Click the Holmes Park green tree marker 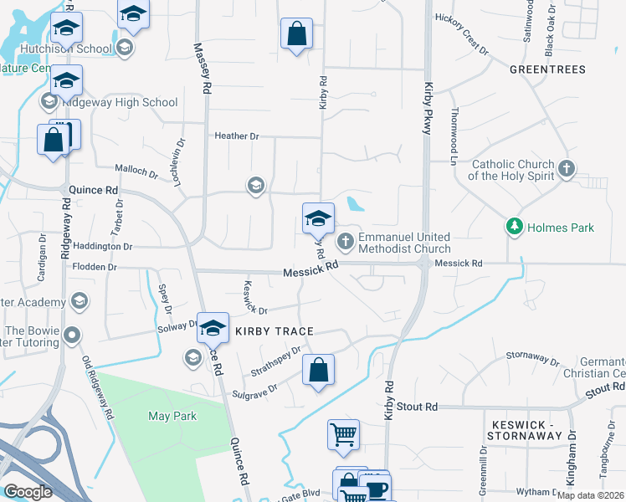[514, 226]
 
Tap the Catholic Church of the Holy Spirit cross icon [567, 169]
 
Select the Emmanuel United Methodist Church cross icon [345, 243]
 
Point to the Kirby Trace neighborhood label [274, 331]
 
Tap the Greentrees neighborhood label [547, 69]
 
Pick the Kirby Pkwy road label [429, 104]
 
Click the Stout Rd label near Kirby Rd [418, 407]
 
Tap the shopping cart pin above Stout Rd [343, 433]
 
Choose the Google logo [28, 491]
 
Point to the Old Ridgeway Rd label [97, 387]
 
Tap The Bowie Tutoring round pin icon [73, 336]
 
